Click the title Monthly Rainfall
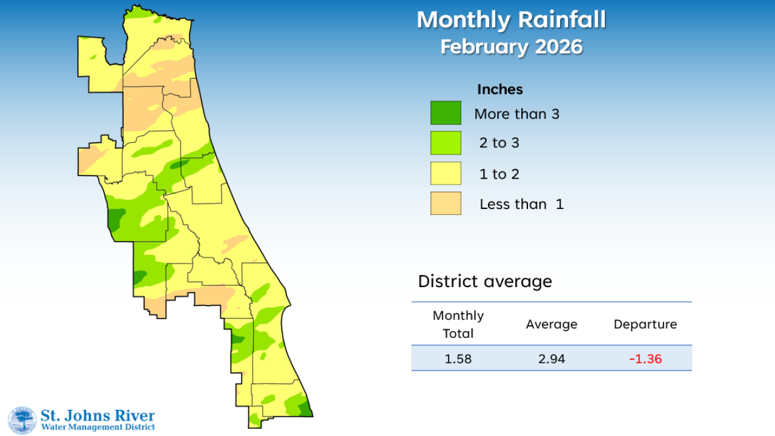(x=511, y=20)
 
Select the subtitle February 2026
(x=511, y=47)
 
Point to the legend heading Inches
(x=500, y=90)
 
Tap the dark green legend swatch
(x=446, y=113)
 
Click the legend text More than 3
(x=516, y=114)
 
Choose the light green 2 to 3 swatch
(x=446, y=143)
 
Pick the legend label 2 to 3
(x=499, y=143)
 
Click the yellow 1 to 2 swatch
(x=446, y=173)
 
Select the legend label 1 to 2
(x=499, y=174)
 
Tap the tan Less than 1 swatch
(x=446, y=203)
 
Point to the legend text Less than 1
(x=521, y=204)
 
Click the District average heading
(x=485, y=282)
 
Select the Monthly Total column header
(x=458, y=325)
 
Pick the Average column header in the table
(x=552, y=325)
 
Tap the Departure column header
(x=645, y=325)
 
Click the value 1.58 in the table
(x=458, y=358)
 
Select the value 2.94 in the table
(x=552, y=358)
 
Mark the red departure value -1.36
(x=645, y=358)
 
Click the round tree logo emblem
(x=22, y=420)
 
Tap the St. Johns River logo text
(x=97, y=416)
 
